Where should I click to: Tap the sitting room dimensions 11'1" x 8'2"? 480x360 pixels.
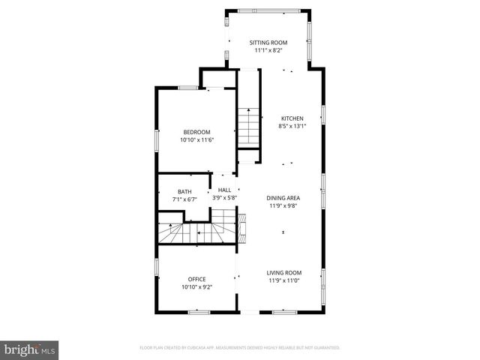268,51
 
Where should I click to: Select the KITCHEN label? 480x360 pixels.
292,118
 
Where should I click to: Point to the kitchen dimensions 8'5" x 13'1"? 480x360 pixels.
292,126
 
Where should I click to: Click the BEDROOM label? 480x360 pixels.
196,132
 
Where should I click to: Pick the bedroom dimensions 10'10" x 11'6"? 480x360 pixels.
196,139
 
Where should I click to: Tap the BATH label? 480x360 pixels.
184,191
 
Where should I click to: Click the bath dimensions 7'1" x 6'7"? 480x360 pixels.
184,199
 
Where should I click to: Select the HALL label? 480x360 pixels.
224,190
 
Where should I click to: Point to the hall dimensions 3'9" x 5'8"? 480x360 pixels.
224,198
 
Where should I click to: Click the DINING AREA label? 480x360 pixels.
283,198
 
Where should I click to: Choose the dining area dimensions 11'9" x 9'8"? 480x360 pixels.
283,205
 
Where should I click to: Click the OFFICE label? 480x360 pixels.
196,279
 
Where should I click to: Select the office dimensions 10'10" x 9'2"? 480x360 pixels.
196,286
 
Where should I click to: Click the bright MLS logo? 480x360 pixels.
30,349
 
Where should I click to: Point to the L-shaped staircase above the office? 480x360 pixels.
196,229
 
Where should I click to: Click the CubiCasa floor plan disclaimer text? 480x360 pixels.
240,348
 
